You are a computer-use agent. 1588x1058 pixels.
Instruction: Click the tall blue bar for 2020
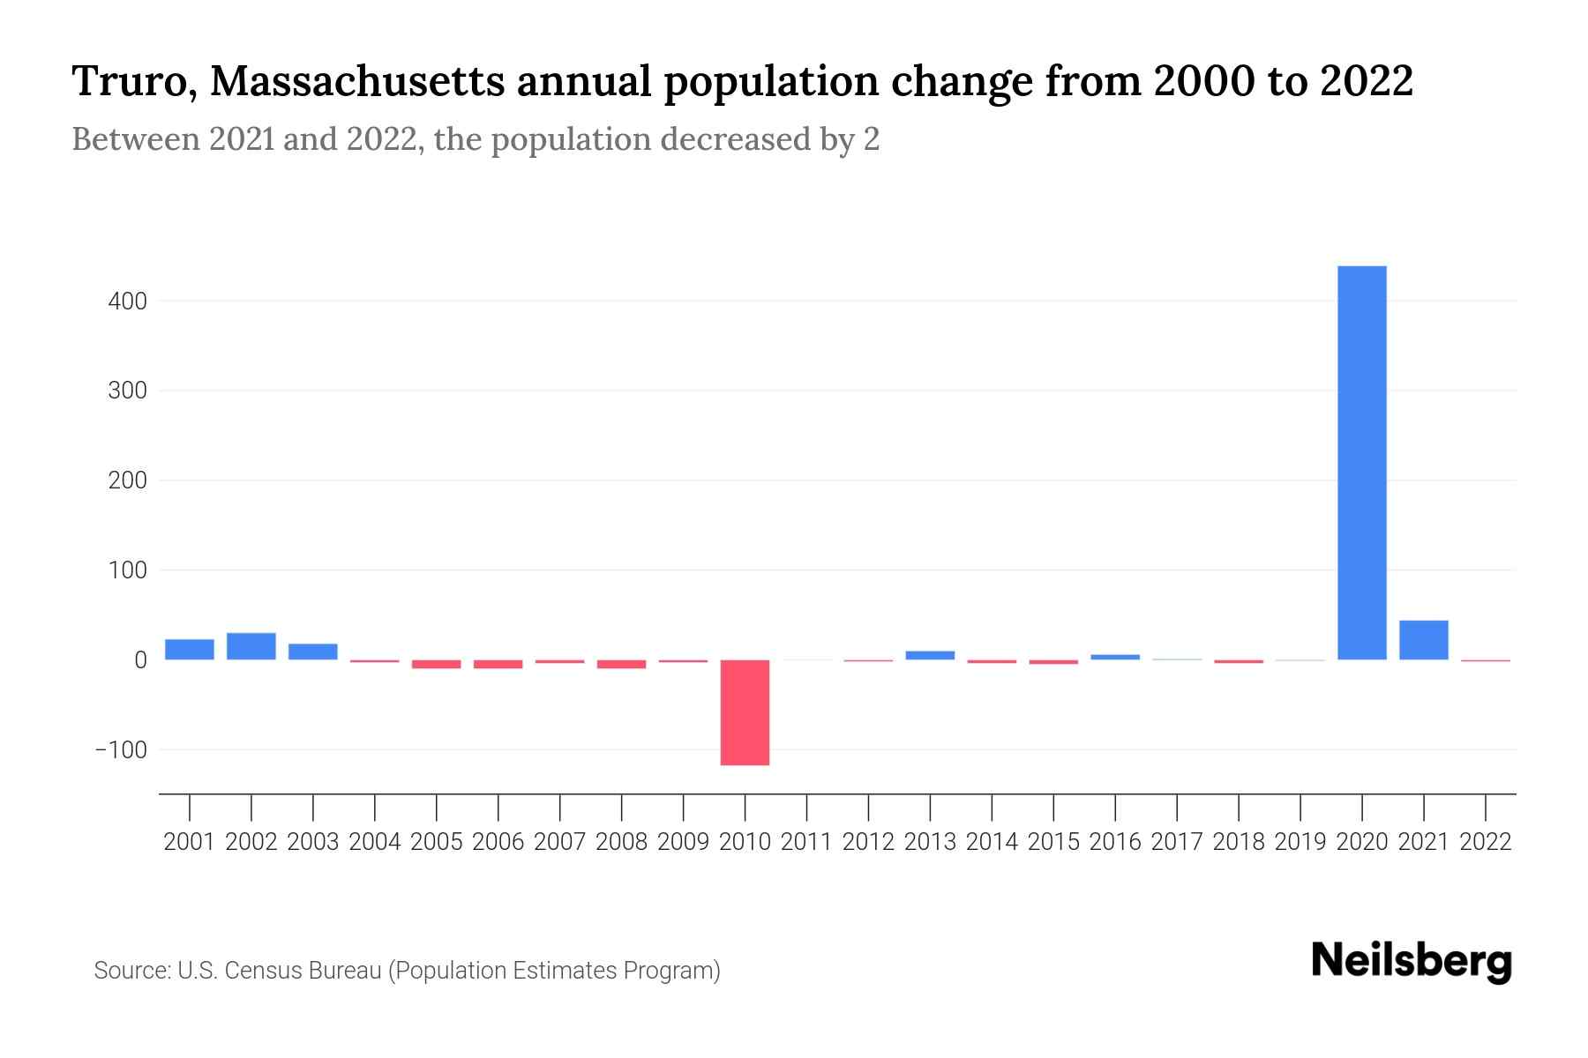tap(1361, 463)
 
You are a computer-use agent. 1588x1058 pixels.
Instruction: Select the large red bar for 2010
tap(745, 712)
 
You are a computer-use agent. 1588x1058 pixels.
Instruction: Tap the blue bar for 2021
tap(1423, 640)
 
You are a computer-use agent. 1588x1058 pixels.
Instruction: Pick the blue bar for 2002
tap(251, 646)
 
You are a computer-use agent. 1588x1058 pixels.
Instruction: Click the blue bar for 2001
tap(190, 650)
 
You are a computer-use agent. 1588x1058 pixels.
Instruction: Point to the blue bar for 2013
tap(930, 655)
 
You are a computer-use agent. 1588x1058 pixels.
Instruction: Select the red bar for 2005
tap(437, 664)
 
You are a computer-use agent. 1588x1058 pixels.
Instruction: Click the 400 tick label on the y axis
tap(127, 302)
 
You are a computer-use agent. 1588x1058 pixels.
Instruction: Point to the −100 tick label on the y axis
tap(121, 750)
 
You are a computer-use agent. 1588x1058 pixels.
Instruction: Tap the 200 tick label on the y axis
tap(127, 481)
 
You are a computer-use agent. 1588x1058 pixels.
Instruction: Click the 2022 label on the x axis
tap(1486, 842)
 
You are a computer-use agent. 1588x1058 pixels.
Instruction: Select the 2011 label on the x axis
tap(806, 842)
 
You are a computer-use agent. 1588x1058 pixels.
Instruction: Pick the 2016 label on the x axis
tap(1115, 842)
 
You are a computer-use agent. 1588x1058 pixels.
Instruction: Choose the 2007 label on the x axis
tap(559, 842)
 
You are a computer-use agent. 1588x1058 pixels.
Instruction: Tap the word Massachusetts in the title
tap(358, 82)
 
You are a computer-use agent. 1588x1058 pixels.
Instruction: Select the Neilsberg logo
tap(1412, 961)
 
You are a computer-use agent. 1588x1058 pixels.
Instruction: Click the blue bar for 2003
tap(313, 652)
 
